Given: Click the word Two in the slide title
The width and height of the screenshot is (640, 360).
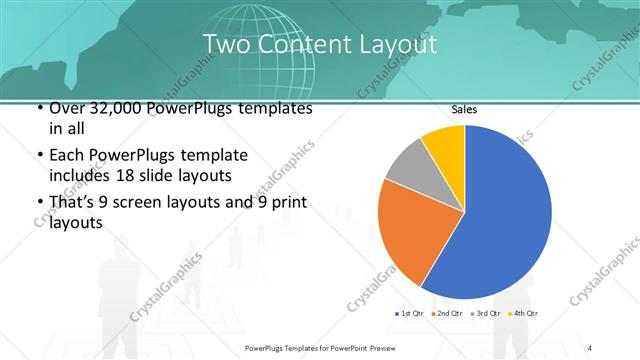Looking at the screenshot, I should (222, 44).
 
